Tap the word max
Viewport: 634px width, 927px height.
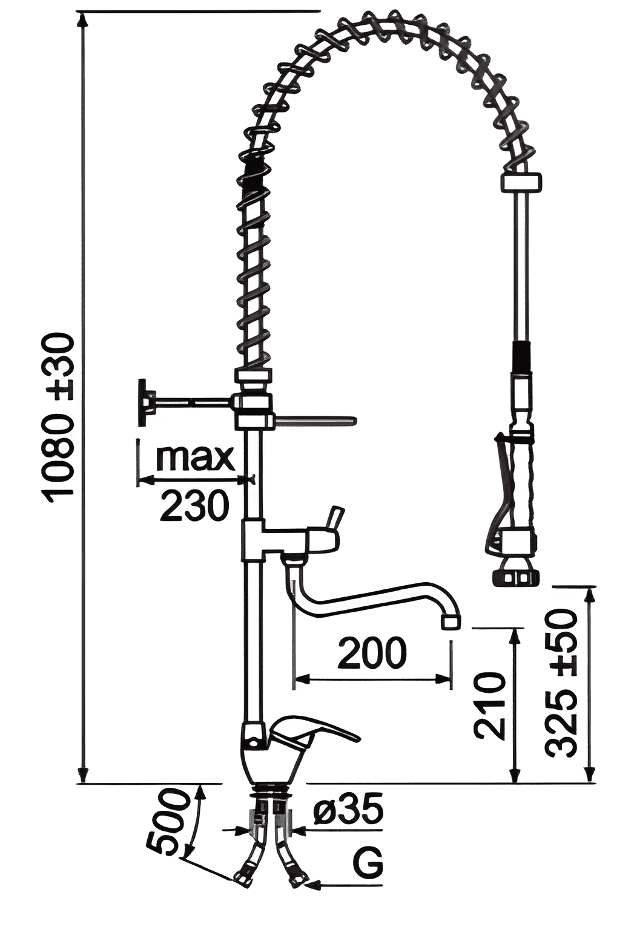coord(196,457)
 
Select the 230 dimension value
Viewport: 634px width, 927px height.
coord(194,505)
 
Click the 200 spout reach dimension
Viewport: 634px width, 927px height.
coord(372,653)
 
